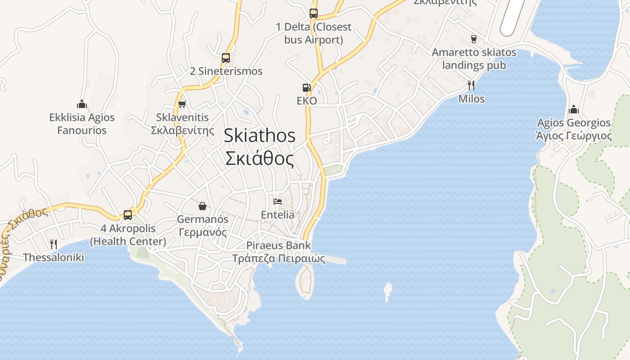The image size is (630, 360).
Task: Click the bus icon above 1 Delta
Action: (314, 13)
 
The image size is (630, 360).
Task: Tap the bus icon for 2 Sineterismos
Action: (226, 58)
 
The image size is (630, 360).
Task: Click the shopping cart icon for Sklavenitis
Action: (182, 104)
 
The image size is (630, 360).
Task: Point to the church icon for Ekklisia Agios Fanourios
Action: (82, 104)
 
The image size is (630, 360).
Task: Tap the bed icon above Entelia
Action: (278, 201)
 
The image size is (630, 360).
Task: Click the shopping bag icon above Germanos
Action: (202, 206)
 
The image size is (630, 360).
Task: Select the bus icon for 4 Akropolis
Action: (128, 215)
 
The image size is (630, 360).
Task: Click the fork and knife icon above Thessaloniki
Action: (54, 244)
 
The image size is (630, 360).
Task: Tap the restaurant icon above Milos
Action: (471, 85)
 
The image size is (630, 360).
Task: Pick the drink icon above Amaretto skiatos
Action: (473, 39)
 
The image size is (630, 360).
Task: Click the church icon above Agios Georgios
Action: (574, 109)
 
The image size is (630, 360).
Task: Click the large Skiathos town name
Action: (260, 135)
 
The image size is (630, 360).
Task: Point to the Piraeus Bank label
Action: (279, 245)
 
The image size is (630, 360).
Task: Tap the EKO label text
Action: (307, 100)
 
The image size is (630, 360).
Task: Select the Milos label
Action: (471, 99)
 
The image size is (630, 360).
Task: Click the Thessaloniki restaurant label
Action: (54, 257)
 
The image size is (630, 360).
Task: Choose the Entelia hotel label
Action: (278, 215)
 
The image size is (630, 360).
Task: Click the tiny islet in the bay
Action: (387, 291)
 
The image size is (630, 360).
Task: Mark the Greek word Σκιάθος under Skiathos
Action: (260, 159)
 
